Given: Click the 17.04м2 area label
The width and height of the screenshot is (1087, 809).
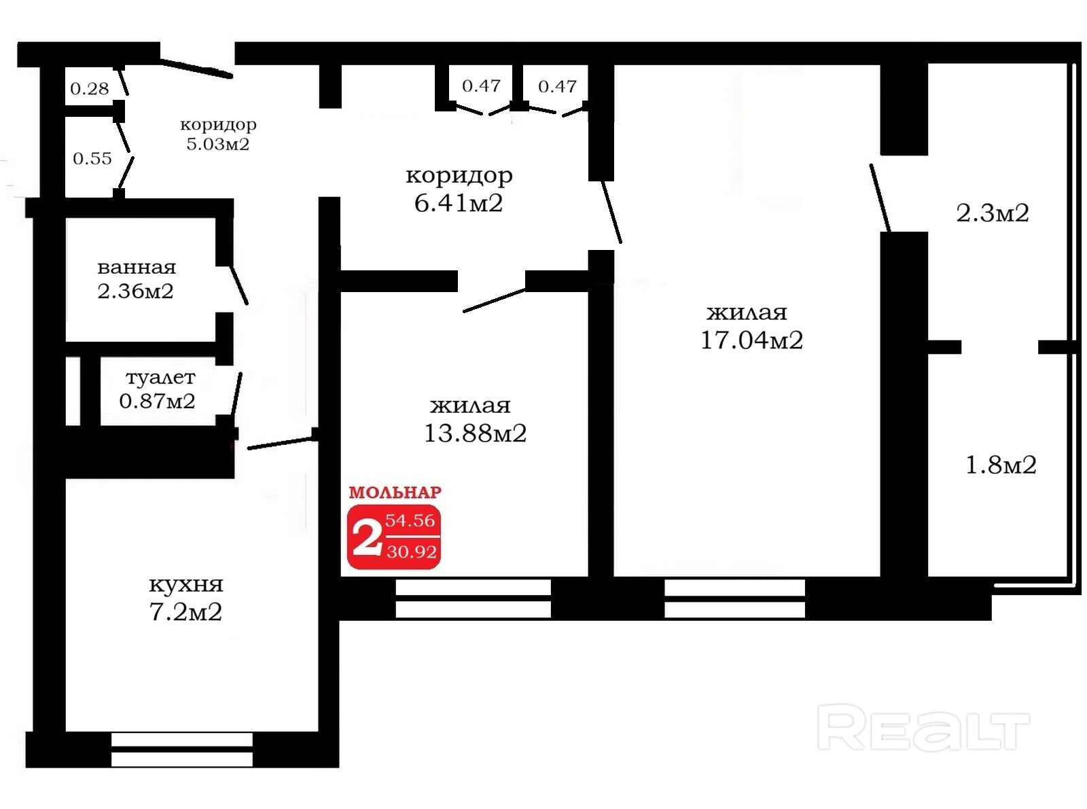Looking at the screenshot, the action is point(751,340).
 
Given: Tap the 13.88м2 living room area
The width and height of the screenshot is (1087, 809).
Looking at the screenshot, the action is point(475,433).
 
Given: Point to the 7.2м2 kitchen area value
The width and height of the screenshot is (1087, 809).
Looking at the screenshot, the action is point(185,612).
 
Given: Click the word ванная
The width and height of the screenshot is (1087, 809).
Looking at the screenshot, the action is point(137,268).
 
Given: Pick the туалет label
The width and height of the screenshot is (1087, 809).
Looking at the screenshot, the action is point(161,377).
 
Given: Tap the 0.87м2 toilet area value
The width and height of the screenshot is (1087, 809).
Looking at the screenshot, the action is point(157,401).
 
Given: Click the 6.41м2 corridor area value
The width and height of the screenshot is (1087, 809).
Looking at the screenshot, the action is point(458,203).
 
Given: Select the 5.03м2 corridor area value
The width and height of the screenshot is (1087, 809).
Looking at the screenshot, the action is point(217,144).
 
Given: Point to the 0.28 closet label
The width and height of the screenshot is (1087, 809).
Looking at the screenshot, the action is point(90,89).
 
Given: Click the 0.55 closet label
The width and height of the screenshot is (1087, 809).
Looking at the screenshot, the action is point(92,158).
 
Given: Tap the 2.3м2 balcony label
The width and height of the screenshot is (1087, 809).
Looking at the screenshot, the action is point(993,213).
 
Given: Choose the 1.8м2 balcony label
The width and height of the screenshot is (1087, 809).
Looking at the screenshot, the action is point(1001,465).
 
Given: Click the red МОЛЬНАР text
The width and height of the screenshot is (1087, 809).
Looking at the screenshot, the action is point(395,492).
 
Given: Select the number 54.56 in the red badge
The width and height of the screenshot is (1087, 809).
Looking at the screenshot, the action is point(410,520).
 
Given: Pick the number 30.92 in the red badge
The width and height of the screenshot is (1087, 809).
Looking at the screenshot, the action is point(412,552).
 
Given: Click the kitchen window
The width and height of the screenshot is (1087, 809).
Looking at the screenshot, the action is point(182,749).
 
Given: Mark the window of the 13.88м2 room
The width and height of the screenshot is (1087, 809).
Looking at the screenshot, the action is point(474,598).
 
